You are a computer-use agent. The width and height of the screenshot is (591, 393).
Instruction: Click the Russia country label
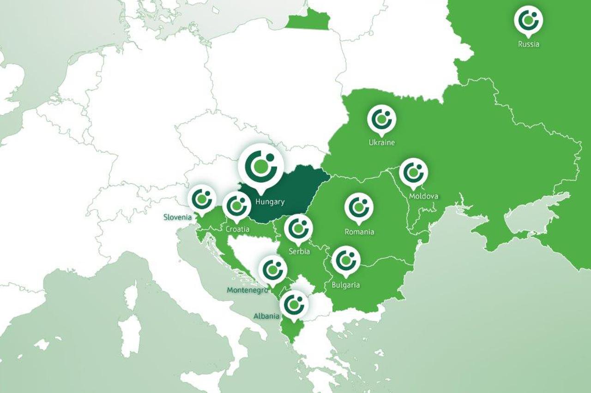(528, 45)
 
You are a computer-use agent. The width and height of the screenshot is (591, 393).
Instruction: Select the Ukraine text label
(381, 143)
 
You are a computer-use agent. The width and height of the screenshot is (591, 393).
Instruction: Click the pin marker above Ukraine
(381, 119)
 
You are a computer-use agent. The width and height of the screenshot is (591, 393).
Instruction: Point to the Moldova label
(423, 196)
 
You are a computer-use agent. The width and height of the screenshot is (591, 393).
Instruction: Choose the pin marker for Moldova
(413, 172)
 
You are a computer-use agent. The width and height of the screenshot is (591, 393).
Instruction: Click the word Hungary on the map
(270, 202)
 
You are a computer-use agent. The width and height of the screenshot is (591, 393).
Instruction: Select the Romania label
(359, 232)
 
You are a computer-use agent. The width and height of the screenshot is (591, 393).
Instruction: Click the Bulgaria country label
(345, 285)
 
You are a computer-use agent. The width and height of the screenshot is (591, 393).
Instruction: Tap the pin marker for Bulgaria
(346, 260)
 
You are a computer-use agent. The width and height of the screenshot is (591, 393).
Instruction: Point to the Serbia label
(299, 252)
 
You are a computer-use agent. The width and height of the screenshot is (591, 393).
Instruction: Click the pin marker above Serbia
(298, 228)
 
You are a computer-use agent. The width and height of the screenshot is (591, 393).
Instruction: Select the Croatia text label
(238, 229)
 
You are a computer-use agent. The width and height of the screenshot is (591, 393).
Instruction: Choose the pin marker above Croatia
(237, 205)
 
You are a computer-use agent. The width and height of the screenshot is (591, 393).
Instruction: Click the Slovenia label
(177, 217)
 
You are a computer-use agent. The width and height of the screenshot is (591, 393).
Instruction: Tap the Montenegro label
(247, 290)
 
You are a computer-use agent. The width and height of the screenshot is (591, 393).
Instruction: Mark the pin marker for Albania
(294, 304)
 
